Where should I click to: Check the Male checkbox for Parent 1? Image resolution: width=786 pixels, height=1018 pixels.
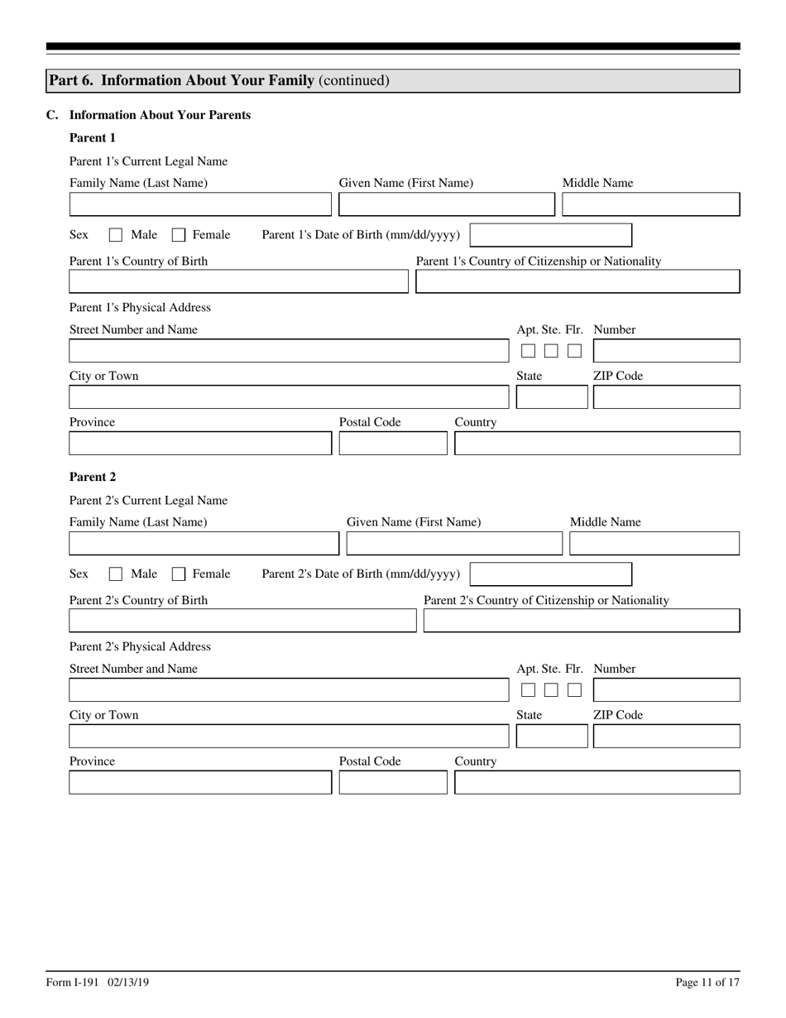[x=116, y=235]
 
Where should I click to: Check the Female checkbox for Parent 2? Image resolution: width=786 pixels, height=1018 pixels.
[x=179, y=574]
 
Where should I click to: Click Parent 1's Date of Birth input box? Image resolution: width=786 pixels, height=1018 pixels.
[x=550, y=235]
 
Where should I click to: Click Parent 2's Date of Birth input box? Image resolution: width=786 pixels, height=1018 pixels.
[x=550, y=574]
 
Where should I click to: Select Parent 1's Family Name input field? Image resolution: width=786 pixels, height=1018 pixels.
[x=199, y=204]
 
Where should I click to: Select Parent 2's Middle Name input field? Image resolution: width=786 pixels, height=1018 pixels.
[x=654, y=544]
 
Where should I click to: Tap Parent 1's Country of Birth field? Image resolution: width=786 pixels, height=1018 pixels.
[x=238, y=282]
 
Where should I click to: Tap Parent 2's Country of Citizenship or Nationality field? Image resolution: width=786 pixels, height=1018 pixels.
[x=581, y=622]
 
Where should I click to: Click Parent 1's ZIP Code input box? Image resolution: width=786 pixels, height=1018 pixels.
[x=666, y=397]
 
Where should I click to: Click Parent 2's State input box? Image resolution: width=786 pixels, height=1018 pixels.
[x=551, y=737]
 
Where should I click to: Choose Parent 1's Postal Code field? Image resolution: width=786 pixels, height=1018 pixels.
[x=393, y=444]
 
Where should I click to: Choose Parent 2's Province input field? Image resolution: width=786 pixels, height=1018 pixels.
[x=199, y=783]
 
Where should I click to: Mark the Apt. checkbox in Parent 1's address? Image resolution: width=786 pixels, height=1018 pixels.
[x=528, y=351]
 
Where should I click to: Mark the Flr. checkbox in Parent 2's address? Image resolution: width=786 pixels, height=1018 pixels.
[x=574, y=690]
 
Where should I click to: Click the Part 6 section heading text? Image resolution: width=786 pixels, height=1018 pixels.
[x=218, y=80]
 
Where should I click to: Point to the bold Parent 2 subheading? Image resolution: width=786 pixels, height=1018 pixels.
[x=93, y=477]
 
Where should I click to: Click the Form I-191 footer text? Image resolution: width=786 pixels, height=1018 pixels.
[x=98, y=982]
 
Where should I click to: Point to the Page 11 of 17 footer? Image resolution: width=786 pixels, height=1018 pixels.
[x=707, y=982]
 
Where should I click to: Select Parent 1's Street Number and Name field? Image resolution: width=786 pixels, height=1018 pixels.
[x=289, y=351]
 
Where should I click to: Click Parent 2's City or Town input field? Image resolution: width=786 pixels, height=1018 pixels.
[x=289, y=737]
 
